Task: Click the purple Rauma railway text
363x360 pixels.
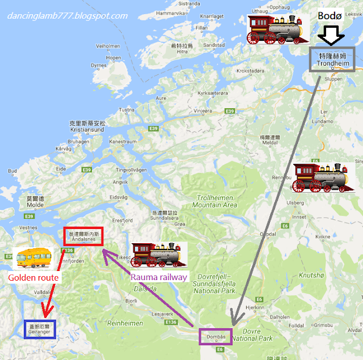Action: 159,277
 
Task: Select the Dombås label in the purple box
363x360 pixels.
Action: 216,337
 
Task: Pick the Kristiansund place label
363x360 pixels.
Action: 87,126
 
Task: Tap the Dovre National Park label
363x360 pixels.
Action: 254,334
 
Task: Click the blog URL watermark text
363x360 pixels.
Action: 67,15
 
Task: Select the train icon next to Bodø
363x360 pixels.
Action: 276,29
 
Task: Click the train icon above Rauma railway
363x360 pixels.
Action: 159,255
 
